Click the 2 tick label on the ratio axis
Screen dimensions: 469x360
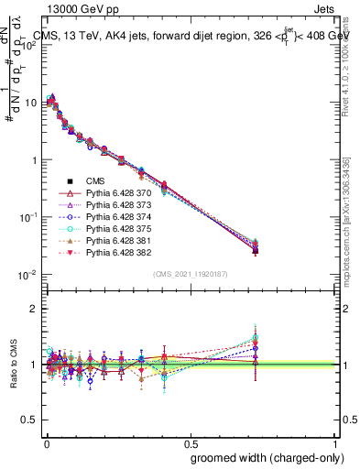pos(34,309)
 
